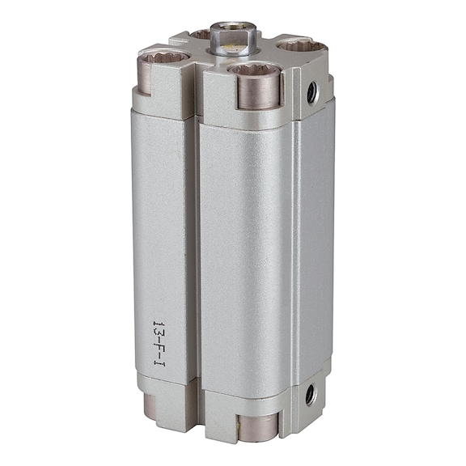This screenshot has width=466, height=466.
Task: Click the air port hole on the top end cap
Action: tap(312, 93)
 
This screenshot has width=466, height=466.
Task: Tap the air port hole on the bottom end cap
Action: tap(310, 395)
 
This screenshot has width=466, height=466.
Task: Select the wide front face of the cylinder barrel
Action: tap(243, 243)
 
